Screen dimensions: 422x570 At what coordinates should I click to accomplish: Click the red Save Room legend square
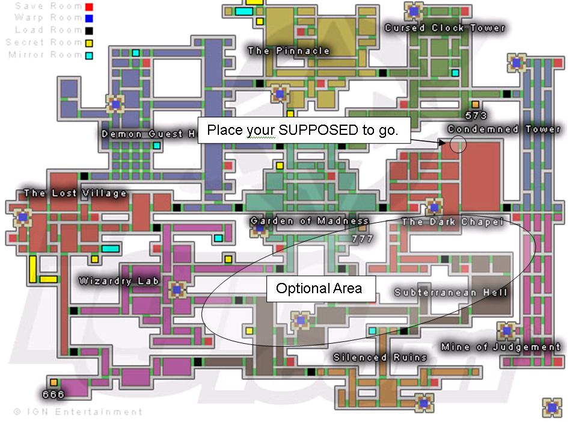[x=89, y=7]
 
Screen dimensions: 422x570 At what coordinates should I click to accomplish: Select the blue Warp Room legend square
[x=89, y=19]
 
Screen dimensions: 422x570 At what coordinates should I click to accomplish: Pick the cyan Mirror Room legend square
[x=89, y=55]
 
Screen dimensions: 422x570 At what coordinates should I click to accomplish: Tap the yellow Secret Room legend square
[x=89, y=43]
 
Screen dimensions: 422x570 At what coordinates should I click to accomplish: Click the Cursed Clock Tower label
[x=444, y=28]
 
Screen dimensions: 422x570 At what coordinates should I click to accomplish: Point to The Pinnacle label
[x=289, y=51]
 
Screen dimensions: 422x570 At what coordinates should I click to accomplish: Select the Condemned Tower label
[x=503, y=129]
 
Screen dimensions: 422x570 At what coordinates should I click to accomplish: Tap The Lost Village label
[x=75, y=193]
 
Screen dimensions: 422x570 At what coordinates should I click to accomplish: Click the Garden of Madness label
[x=309, y=221]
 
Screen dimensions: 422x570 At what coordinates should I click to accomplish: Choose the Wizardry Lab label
[x=119, y=281]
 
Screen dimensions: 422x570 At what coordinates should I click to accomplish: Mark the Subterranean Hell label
[x=451, y=293]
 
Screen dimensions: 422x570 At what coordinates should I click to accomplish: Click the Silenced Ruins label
[x=380, y=357]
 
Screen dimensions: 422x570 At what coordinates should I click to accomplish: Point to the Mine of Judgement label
[x=500, y=347]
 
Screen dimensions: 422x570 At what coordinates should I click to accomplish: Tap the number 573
[x=476, y=115]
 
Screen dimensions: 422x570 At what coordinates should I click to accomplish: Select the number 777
[x=362, y=239]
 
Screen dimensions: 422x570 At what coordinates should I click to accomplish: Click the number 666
[x=53, y=394]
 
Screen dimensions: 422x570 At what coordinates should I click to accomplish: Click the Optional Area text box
[x=321, y=289]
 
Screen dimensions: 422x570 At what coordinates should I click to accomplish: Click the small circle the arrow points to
[x=458, y=144]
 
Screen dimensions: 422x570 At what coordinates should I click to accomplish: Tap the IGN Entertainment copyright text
[x=78, y=412]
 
